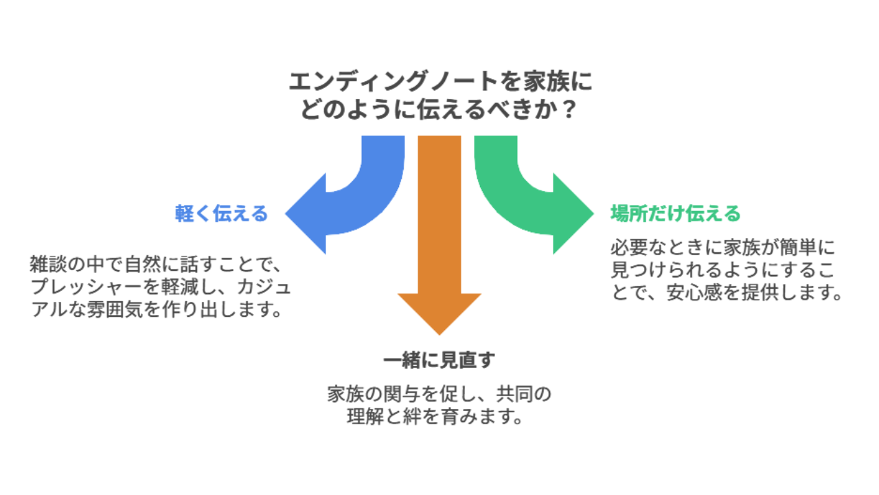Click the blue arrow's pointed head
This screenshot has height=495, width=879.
(286, 214)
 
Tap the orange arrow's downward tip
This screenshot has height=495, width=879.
(439, 335)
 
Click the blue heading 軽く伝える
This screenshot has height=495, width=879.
(221, 214)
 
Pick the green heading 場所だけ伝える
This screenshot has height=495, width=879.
(675, 214)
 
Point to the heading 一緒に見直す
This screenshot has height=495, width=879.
(439, 360)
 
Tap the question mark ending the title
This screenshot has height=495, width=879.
(568, 109)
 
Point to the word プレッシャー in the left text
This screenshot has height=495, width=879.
(86, 287)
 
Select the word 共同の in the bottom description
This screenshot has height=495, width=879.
(524, 395)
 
